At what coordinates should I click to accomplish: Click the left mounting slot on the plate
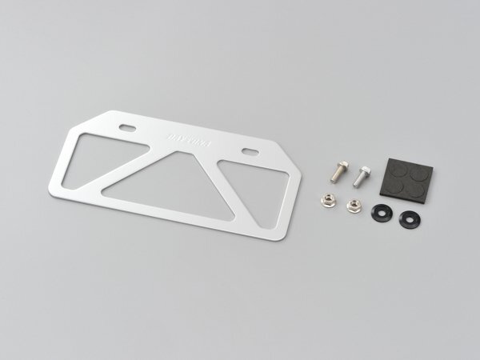coord(127,128)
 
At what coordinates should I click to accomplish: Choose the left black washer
coord(383,214)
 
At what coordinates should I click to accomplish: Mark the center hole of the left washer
coord(383,214)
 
